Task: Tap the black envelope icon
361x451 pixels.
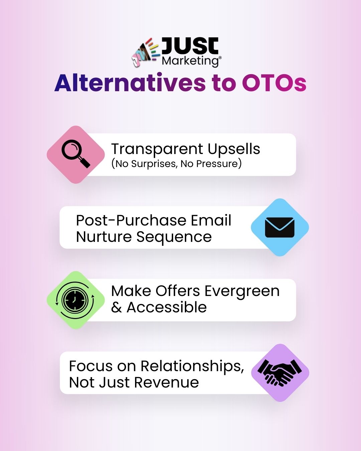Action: point(279,228)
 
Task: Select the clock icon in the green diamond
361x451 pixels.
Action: point(75,300)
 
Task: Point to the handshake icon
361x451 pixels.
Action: point(280,372)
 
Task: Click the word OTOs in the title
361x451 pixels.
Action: point(274,83)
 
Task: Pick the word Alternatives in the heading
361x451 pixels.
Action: point(130,83)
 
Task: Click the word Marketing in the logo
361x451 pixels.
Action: point(190,61)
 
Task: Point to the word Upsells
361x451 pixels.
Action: point(234,149)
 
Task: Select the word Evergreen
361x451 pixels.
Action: point(242,291)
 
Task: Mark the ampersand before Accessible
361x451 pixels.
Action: point(116,308)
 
